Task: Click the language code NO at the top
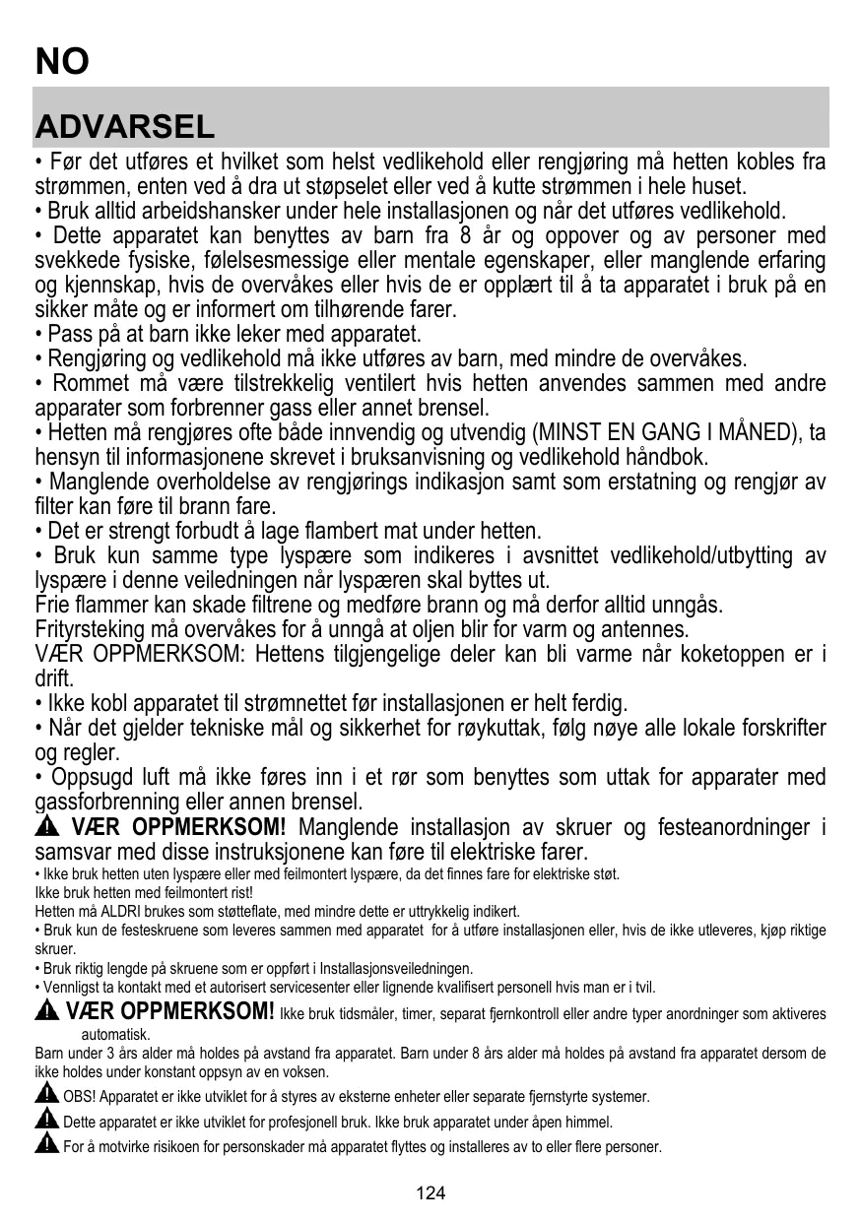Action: pos(62,61)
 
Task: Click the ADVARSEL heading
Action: pos(124,126)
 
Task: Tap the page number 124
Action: pos(430,1193)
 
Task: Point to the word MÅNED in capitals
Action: pos(761,432)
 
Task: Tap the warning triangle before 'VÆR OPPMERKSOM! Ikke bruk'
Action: pos(46,1011)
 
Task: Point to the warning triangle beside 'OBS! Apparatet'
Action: pos(46,1095)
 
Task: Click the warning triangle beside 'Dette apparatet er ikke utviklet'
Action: pos(46,1120)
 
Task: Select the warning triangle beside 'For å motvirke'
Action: pos(46,1144)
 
